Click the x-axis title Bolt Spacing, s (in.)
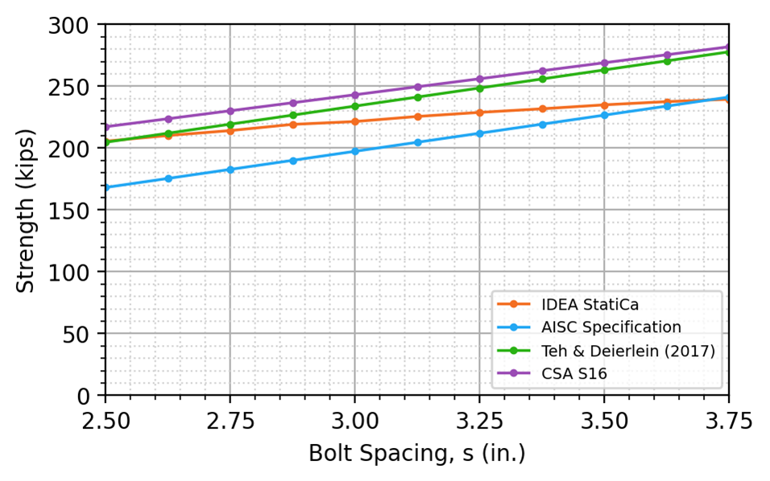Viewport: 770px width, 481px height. point(416,454)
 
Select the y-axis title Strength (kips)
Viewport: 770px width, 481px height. point(27,210)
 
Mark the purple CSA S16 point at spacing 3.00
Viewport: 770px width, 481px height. point(354,95)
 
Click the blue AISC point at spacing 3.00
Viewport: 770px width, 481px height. point(354,151)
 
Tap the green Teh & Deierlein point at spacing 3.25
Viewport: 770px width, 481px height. point(479,88)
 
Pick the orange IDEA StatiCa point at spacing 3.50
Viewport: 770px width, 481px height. point(604,105)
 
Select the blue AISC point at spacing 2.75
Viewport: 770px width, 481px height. point(230,170)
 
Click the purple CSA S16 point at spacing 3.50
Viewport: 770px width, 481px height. point(604,63)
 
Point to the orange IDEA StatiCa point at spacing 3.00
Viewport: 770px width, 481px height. point(354,121)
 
